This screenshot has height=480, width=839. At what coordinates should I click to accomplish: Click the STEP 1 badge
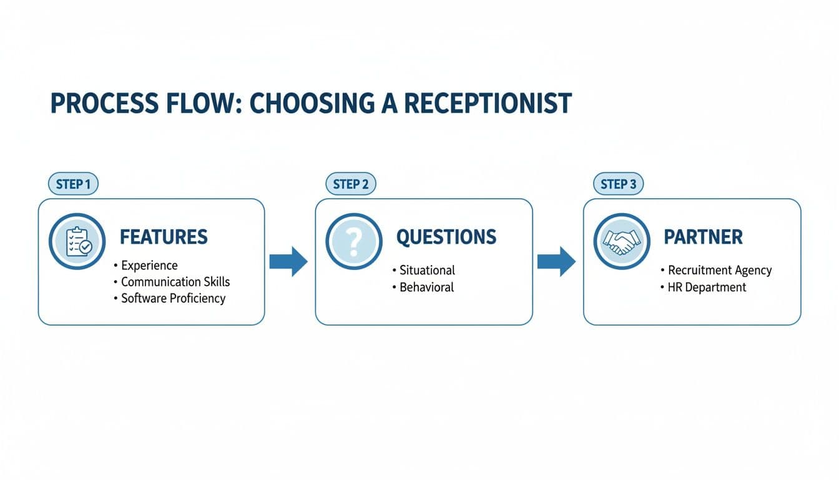click(x=73, y=184)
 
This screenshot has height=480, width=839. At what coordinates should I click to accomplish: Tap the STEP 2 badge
click(x=350, y=184)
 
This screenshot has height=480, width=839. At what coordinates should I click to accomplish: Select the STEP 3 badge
click(x=617, y=184)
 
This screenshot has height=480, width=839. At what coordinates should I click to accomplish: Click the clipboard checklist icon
click(x=77, y=241)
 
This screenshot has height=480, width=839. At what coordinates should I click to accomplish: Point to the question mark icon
click(x=353, y=241)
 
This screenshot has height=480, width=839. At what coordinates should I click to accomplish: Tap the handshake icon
click(x=621, y=241)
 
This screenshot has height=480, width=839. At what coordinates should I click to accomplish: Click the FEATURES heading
click(x=164, y=237)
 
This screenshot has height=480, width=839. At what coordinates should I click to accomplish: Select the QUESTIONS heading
click(x=446, y=237)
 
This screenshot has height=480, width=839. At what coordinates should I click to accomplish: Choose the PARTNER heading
click(x=703, y=237)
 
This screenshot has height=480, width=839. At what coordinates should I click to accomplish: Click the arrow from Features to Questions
click(x=288, y=261)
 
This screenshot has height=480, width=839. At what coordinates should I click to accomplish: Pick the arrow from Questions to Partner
click(x=556, y=261)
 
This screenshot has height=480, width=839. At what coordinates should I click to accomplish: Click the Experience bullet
click(x=149, y=266)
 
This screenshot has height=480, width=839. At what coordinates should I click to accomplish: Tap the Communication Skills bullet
click(x=175, y=282)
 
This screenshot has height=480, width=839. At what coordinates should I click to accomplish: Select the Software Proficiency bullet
click(x=172, y=298)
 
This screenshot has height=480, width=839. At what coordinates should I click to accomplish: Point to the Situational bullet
click(x=427, y=270)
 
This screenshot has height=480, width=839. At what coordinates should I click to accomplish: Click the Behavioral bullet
click(x=426, y=287)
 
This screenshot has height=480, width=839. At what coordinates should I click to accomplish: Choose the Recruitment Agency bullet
click(x=719, y=270)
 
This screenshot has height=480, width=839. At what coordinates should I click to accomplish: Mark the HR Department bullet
click(x=707, y=287)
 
